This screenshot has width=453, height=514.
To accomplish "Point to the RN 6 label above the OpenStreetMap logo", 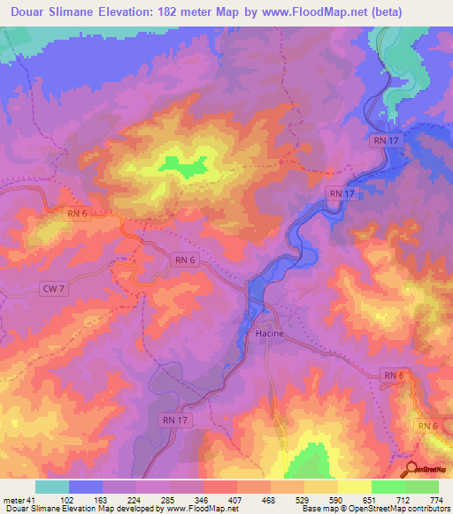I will coord(428,426).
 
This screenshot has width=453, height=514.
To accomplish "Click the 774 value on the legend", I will coord(437,499).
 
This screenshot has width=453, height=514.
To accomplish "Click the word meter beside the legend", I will coord(13,499).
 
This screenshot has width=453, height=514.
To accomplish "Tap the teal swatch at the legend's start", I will coord(52,487).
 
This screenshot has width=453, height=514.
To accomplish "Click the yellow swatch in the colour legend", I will coord(355,487).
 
